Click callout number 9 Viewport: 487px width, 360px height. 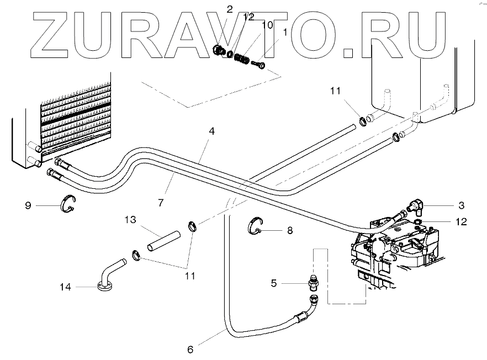(x=28, y=206)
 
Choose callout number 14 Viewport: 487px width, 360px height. (x=66, y=287)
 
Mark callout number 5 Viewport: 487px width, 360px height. (x=273, y=283)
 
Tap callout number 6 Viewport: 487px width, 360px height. (x=190, y=349)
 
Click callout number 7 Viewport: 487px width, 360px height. (x=160, y=202)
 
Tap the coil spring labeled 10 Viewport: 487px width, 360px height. (x=241, y=58)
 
